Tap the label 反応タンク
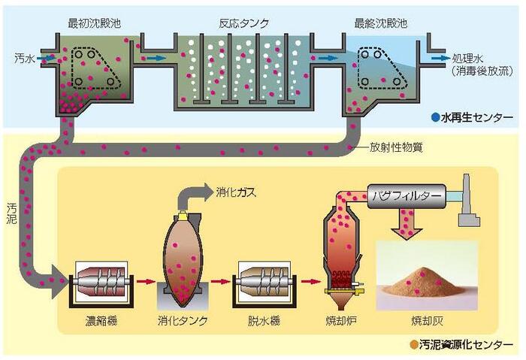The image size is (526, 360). [x=243, y=23]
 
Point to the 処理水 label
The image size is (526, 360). [x=469, y=58]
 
